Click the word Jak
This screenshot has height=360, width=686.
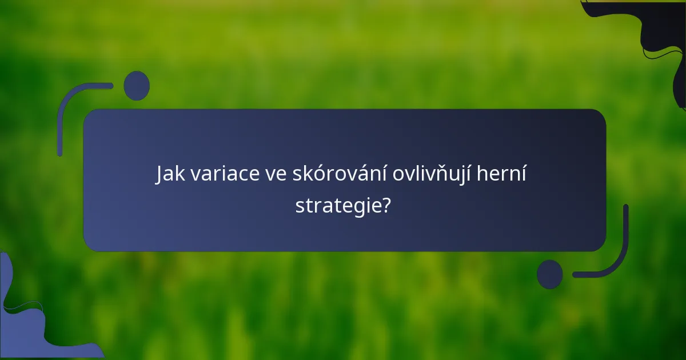pos(170,175)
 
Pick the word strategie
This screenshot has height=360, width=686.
pos(337,206)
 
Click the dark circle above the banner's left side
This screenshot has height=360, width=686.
pos(137,86)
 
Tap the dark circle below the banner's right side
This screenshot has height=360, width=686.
pos(550,274)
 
